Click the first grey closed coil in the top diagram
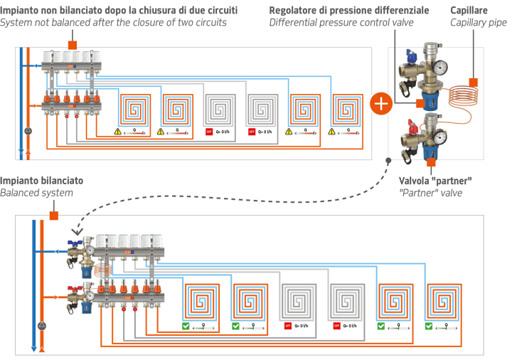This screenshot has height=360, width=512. [218, 110]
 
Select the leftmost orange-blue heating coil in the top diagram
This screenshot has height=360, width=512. [134, 110]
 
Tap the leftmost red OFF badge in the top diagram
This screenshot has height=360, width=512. [208, 132]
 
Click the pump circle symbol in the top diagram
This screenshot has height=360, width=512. [27, 132]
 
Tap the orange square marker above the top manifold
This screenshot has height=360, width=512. [72, 44]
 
